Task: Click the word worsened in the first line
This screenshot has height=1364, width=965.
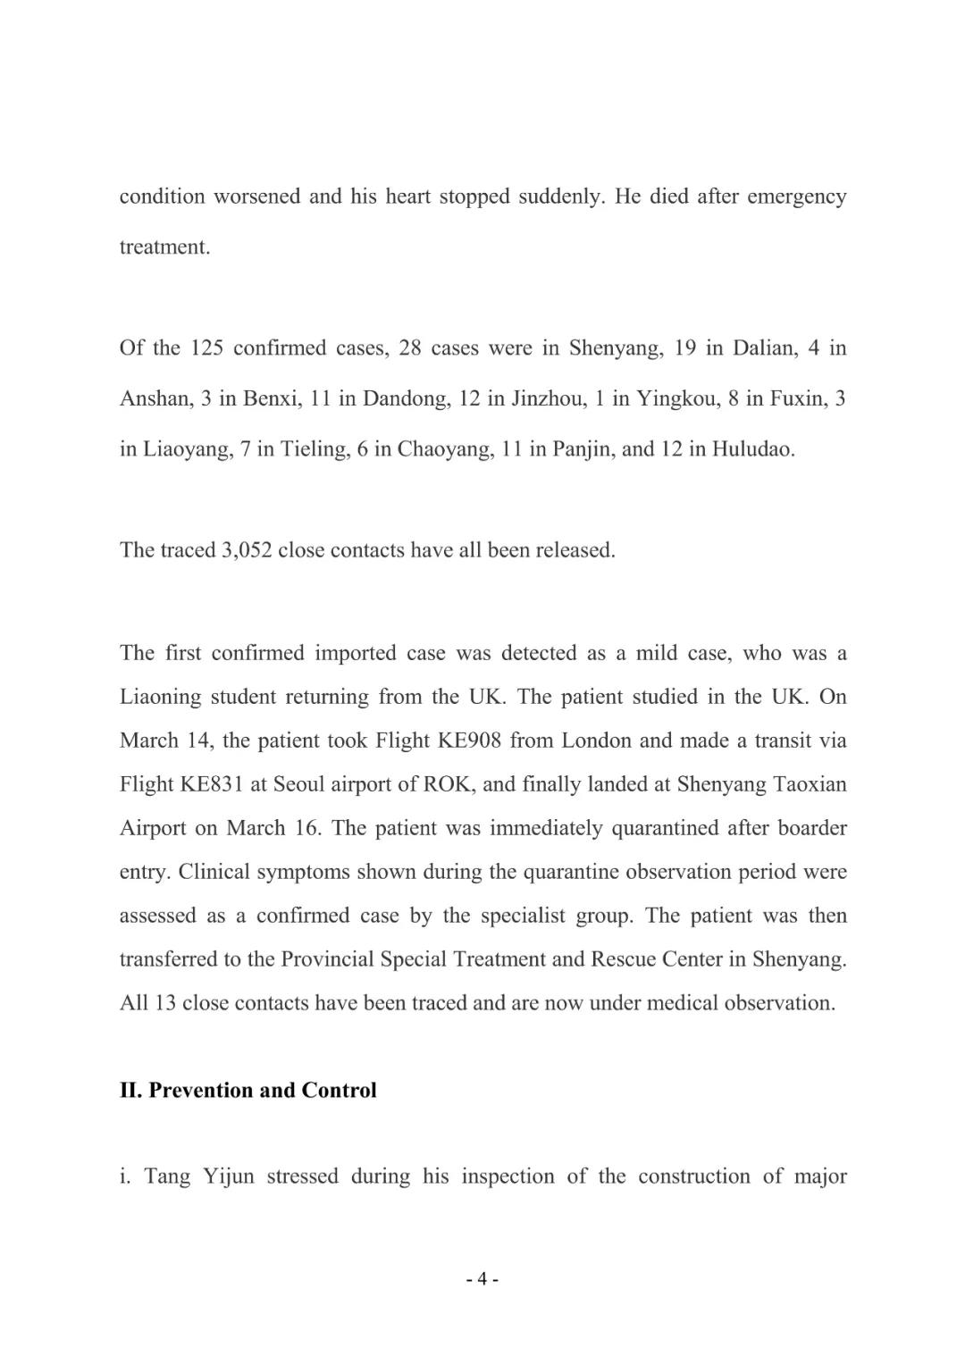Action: (x=256, y=197)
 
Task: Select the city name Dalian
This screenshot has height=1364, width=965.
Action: (x=764, y=347)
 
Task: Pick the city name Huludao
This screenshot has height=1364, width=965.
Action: (x=752, y=448)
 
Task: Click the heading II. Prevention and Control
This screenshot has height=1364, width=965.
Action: (x=248, y=1090)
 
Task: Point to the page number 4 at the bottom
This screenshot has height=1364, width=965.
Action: (x=482, y=1279)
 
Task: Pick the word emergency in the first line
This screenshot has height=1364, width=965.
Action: (x=796, y=197)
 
